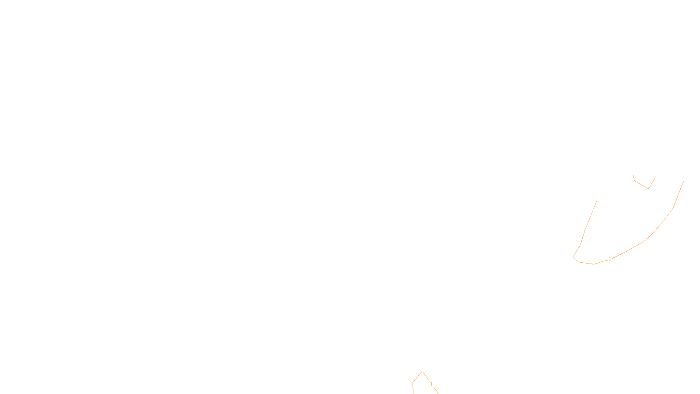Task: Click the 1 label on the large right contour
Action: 610,259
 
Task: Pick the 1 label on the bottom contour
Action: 431,384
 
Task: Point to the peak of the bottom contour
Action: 422,371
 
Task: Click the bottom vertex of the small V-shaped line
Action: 648,189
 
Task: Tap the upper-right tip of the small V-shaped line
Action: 655,177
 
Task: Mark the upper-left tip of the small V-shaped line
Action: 633,175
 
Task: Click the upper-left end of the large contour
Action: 596,201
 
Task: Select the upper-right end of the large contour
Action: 684,180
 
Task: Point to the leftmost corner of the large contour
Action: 573,257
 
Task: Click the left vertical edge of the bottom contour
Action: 413,388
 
